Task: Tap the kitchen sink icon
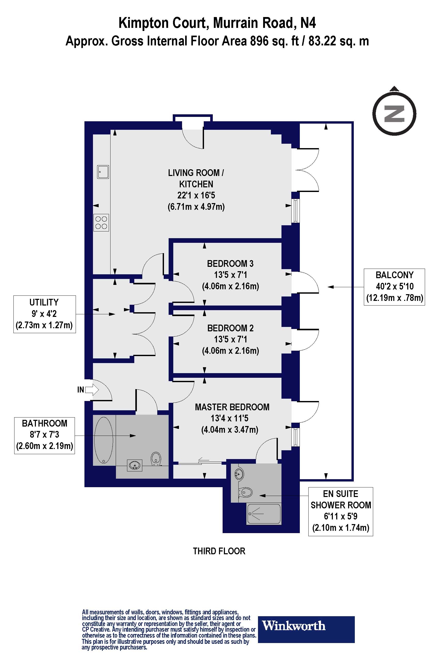point(103,172)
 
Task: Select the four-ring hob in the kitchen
point(101,223)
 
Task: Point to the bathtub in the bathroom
point(104,440)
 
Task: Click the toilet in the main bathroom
point(156,459)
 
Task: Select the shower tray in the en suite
point(263,514)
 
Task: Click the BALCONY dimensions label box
point(394,287)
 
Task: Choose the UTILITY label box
point(44,314)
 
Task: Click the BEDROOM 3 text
point(230,263)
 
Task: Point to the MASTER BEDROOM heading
point(232,407)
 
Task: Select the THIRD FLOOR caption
point(219,551)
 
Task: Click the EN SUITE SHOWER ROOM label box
point(340,511)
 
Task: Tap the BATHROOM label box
point(44,435)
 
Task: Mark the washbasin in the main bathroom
point(135,466)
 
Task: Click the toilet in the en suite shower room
point(245,493)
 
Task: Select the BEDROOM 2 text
point(230,328)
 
